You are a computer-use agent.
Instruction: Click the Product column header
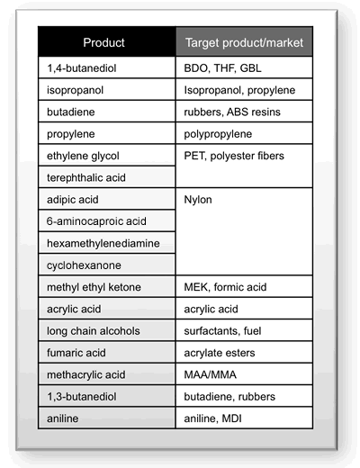pos(103,42)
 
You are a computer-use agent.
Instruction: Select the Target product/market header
pos(244,42)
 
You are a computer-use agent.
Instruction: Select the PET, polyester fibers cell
pos(234,156)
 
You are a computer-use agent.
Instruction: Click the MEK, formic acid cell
pos(229,287)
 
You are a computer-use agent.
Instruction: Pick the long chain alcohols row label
pos(93,331)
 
